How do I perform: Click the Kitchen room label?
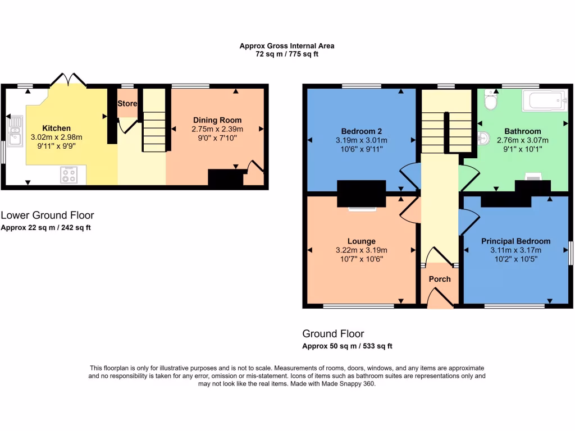(x=56, y=129)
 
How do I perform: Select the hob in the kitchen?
(x=69, y=175)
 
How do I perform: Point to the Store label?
(x=127, y=104)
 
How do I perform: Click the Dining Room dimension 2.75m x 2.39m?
(x=217, y=129)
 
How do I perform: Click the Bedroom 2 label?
(x=362, y=132)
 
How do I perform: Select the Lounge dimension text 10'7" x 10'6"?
(x=362, y=259)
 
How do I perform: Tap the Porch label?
(x=440, y=279)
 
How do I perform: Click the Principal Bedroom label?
(x=515, y=241)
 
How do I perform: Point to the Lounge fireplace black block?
(x=361, y=194)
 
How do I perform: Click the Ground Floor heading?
(x=333, y=333)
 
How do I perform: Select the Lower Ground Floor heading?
(x=47, y=215)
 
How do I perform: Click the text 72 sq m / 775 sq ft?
(x=287, y=54)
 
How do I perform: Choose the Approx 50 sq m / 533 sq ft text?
(x=347, y=346)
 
